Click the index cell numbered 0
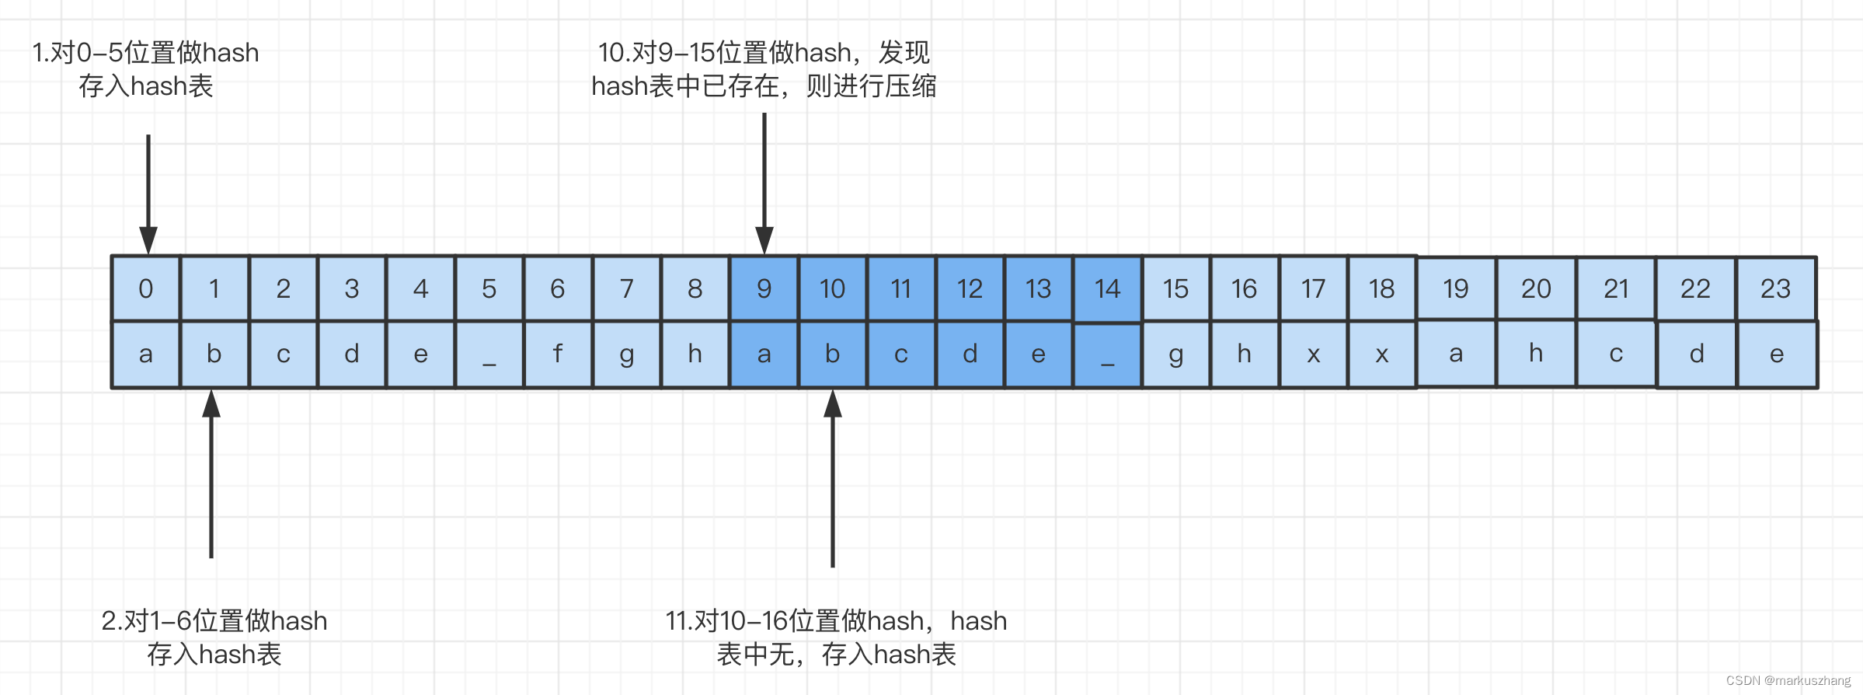coord(146,288)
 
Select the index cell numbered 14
coord(1107,288)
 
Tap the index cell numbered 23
coord(1775,288)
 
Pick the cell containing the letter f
coord(557,354)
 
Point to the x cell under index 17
coord(1313,354)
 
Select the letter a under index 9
coord(764,354)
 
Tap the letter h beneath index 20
coord(1536,353)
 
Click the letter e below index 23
coord(1776,354)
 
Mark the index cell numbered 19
coord(1456,288)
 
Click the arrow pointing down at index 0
coord(148,194)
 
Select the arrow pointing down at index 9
coord(764,183)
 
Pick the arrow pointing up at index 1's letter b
coord(211,474)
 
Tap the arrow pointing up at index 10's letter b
coord(833,478)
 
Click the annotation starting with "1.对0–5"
coord(145,69)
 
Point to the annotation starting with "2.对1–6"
coord(214,637)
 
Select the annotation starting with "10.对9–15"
coord(764,69)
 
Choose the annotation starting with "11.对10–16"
coord(836,637)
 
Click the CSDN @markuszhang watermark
coord(1788,680)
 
